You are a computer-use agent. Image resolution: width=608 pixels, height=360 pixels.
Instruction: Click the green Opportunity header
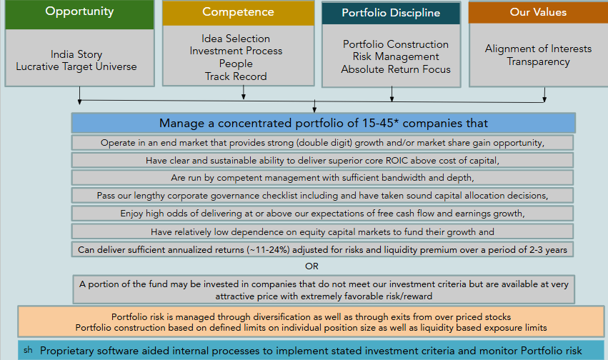(79, 14)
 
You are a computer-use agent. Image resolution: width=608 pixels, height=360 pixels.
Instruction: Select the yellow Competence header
(238, 13)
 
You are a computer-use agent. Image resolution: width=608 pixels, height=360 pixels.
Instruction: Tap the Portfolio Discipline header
(391, 13)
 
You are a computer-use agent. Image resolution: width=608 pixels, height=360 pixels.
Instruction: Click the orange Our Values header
(538, 12)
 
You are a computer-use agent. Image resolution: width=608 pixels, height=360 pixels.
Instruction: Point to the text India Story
(76, 54)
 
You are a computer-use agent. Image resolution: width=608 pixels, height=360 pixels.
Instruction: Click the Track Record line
(236, 76)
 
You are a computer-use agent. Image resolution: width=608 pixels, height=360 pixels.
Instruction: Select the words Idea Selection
(236, 39)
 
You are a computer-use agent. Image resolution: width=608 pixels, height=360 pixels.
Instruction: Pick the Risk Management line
(396, 56)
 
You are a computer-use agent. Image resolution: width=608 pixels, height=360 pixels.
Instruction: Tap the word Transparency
(538, 62)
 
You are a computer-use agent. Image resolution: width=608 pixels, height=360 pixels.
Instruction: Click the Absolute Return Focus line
(396, 69)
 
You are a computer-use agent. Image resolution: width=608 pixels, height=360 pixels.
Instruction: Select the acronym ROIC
(397, 161)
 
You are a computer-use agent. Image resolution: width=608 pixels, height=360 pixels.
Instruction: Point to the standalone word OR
(312, 266)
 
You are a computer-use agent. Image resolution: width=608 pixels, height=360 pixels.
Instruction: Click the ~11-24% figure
(268, 250)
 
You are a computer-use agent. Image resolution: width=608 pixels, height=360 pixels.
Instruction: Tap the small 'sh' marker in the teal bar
(28, 350)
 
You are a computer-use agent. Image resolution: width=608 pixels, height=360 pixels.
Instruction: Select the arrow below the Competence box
(244, 93)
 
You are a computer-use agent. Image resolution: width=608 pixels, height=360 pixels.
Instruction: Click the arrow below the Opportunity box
(79, 95)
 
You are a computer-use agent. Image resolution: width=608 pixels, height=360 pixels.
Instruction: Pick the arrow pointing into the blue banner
(314, 106)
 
